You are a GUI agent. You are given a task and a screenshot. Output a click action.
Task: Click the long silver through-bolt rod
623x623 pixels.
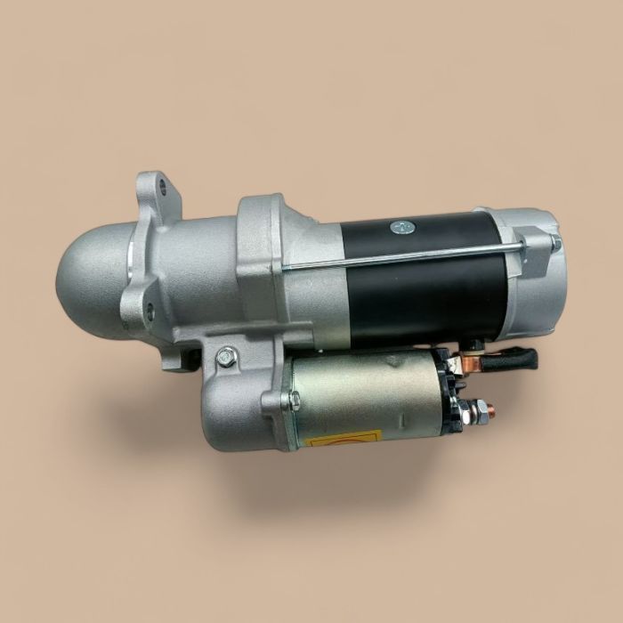click(x=400, y=256)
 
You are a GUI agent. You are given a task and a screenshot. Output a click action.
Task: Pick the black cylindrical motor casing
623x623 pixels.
click(x=418, y=285)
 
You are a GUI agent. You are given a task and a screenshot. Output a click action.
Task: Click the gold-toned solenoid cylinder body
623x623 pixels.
click(x=365, y=396)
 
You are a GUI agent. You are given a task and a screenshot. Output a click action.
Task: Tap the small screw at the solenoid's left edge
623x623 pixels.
click(x=286, y=400)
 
